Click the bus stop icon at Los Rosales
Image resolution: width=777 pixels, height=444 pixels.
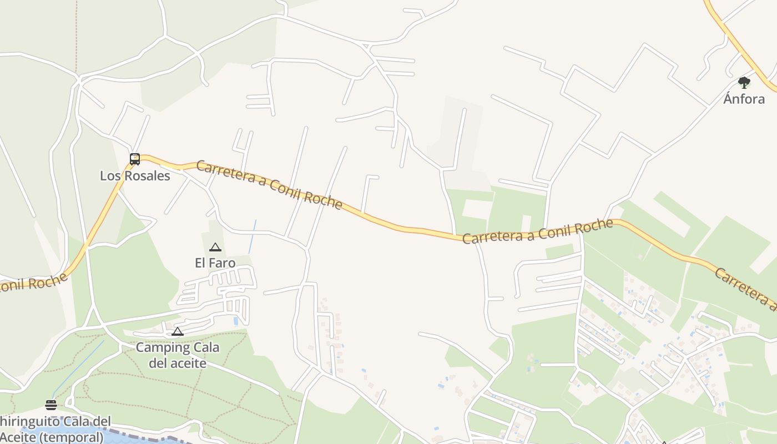(x=135, y=159)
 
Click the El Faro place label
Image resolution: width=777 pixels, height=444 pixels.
(x=215, y=263)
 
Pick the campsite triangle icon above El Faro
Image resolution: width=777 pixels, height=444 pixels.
(x=215, y=247)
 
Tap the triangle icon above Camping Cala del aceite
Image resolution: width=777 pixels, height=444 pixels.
(x=178, y=332)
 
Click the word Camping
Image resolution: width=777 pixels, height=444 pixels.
(x=156, y=348)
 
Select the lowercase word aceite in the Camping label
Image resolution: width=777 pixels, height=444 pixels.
(x=185, y=364)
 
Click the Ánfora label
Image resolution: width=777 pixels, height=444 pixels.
(x=744, y=99)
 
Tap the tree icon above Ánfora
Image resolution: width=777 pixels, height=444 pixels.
(x=744, y=83)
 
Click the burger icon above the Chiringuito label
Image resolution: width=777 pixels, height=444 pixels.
(x=51, y=405)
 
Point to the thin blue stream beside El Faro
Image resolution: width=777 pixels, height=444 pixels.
(x=253, y=236)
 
